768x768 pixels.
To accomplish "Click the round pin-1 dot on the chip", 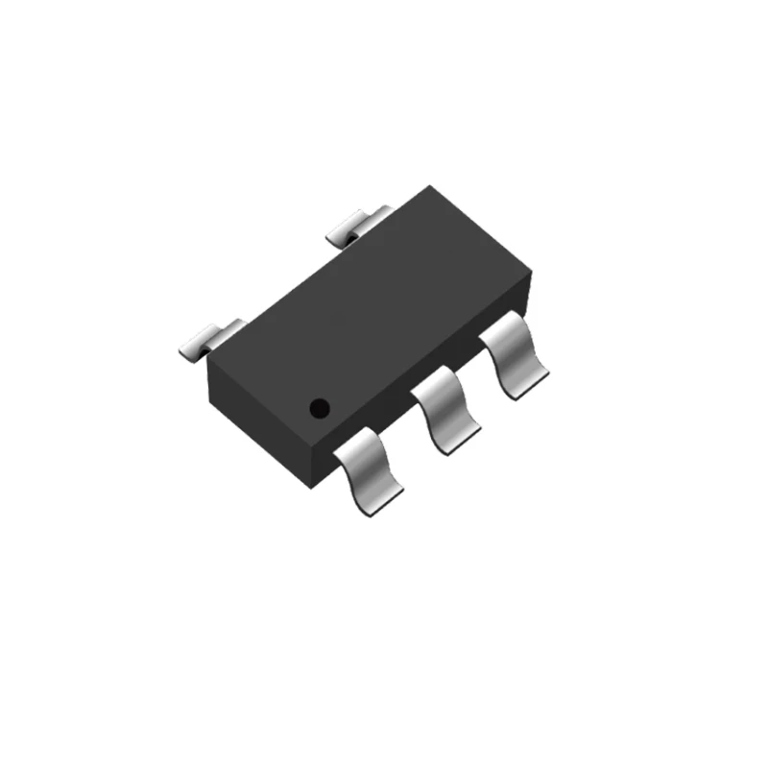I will point(320,408).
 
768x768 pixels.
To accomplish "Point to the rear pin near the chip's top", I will point(356,226).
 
